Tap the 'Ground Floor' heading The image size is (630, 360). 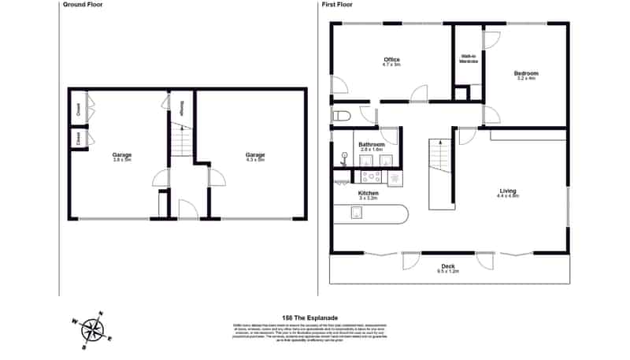coord(83,5)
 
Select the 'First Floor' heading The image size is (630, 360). coord(339,5)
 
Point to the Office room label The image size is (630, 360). coord(391,62)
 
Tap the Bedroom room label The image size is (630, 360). coord(527,75)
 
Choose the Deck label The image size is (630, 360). coord(448,268)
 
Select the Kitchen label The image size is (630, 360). coord(369,195)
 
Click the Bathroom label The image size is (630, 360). coord(372,147)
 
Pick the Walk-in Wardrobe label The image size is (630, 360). coord(468,59)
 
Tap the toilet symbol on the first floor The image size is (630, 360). coord(341,117)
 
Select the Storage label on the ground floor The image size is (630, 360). coord(182,109)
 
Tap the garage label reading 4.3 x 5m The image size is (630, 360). coord(254,157)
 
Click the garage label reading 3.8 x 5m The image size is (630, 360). coord(122,157)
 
